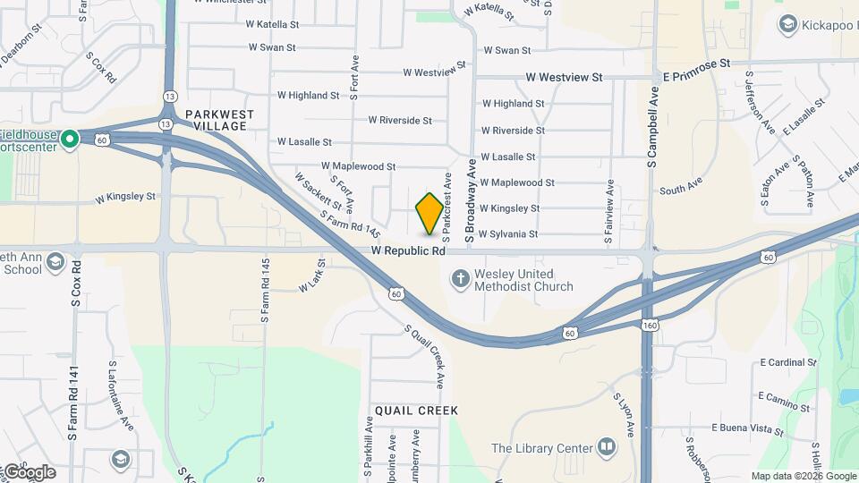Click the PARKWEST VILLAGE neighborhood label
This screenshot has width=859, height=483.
[220, 120]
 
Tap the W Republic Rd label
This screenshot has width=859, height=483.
[408, 251]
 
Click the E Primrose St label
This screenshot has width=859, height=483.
[697, 64]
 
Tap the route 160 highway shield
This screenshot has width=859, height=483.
[650, 326]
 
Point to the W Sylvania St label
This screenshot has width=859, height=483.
[507, 234]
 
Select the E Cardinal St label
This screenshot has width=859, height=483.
[787, 363]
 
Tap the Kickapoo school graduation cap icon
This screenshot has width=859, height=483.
[788, 23]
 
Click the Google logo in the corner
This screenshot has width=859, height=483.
[29, 472]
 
